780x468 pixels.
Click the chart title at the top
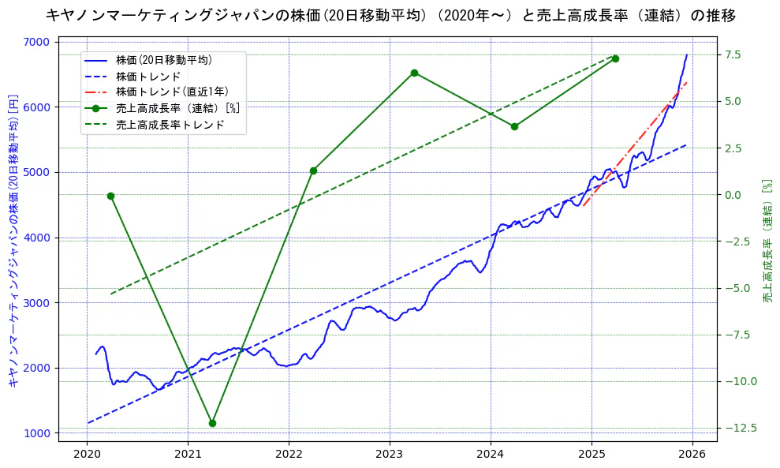tap(390, 15)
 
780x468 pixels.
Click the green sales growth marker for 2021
tap(212, 423)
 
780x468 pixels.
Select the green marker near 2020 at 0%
tap(110, 196)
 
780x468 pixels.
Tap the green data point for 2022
tap(313, 170)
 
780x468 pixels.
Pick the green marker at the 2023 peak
tap(414, 73)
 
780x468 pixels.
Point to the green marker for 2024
tap(514, 126)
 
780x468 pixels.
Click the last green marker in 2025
tap(615, 58)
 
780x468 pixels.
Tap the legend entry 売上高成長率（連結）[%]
tap(177, 108)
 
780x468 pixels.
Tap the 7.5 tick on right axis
tap(733, 54)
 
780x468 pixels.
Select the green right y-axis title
tap(767, 241)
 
